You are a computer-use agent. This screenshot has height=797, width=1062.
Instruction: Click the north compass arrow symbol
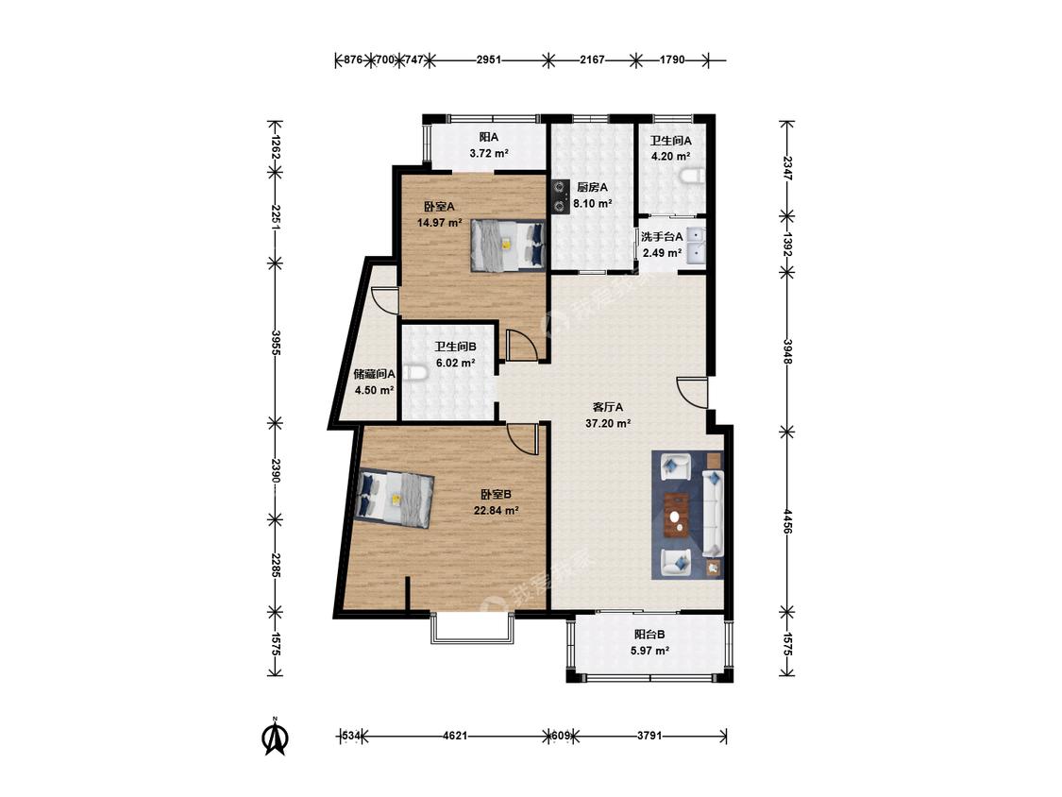[275, 738]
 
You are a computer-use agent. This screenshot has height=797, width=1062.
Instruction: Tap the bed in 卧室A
[508, 246]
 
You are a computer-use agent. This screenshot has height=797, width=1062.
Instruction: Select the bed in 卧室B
[395, 499]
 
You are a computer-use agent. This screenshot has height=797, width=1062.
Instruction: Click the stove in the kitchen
[560, 195]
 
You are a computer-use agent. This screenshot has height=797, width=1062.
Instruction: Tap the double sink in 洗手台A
[697, 246]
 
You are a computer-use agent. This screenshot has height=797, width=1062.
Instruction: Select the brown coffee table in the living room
[677, 515]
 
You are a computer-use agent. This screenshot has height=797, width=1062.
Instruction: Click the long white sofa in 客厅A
[713, 513]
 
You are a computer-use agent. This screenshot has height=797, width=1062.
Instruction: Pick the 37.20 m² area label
[608, 424]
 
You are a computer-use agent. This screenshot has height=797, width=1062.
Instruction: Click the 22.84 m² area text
[496, 510]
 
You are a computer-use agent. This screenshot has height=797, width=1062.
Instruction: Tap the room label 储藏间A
[375, 373]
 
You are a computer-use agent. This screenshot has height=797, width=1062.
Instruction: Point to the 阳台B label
[649, 635]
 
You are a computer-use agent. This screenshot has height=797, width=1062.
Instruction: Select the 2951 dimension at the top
[488, 59]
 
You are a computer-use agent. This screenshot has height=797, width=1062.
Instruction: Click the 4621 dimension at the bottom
[454, 736]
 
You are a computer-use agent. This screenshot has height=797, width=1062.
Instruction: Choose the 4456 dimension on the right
[786, 521]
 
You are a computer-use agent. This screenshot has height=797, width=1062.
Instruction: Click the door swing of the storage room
[384, 301]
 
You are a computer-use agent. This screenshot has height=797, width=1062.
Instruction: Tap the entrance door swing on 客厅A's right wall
[692, 393]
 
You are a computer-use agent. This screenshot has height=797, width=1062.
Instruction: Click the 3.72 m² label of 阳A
[489, 153]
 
